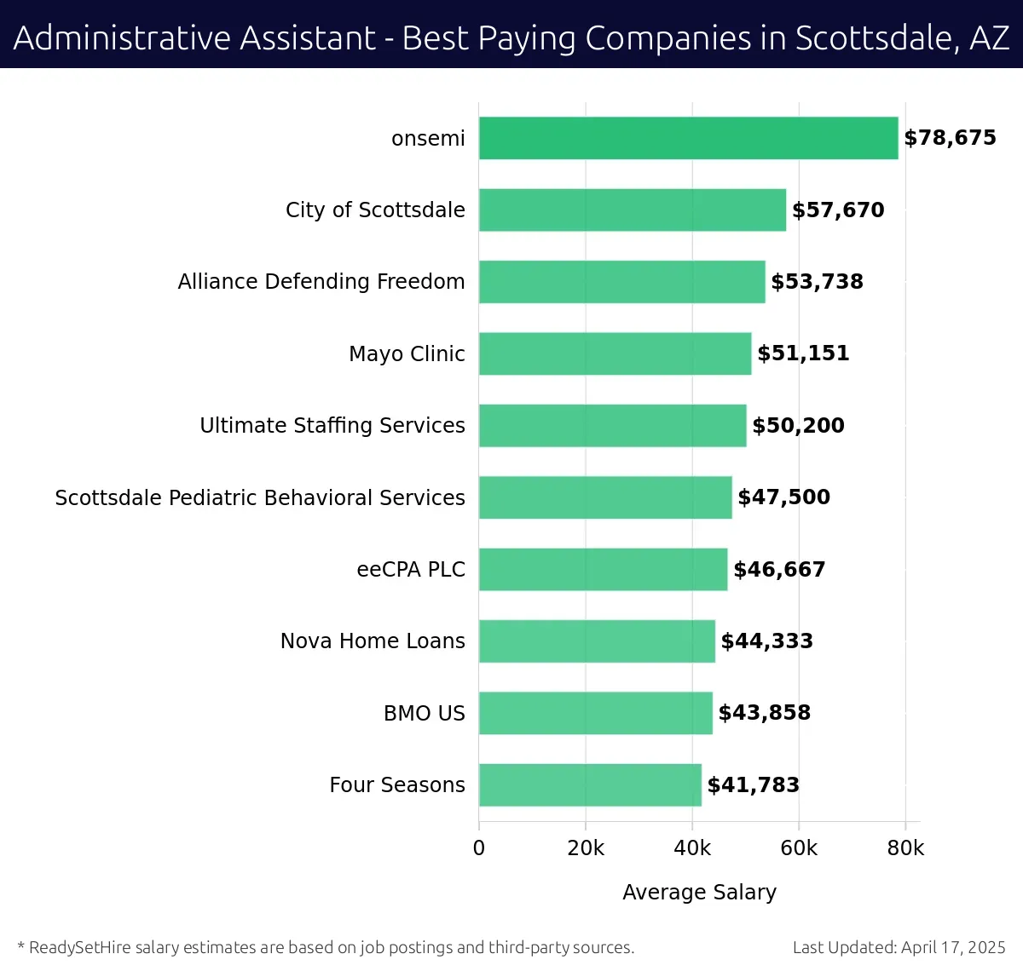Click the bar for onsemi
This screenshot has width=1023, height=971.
[x=688, y=138]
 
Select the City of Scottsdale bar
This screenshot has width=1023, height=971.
[x=632, y=210]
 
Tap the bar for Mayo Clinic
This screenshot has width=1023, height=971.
[x=615, y=353]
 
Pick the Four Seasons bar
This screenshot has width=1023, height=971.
[x=590, y=785]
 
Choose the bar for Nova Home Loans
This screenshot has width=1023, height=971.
[x=597, y=641]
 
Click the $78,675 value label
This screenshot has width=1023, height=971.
[x=950, y=138]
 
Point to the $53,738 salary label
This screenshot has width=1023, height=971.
[x=817, y=282]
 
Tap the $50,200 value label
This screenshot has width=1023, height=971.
[x=798, y=426]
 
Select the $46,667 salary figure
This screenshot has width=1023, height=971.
[x=779, y=570]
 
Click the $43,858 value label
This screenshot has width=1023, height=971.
[x=764, y=713]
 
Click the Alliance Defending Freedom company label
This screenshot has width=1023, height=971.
[x=321, y=282]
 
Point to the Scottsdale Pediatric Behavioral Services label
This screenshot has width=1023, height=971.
[x=260, y=497]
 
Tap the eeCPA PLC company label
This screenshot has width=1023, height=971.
[x=411, y=570]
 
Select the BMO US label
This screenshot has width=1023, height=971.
[x=425, y=713]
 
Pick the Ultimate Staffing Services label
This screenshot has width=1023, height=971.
[x=332, y=426]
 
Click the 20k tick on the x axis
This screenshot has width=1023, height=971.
[x=586, y=848]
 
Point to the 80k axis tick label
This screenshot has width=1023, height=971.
[x=905, y=848]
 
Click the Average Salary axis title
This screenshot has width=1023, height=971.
[x=699, y=892]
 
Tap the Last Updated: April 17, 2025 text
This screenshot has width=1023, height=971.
[x=899, y=947]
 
